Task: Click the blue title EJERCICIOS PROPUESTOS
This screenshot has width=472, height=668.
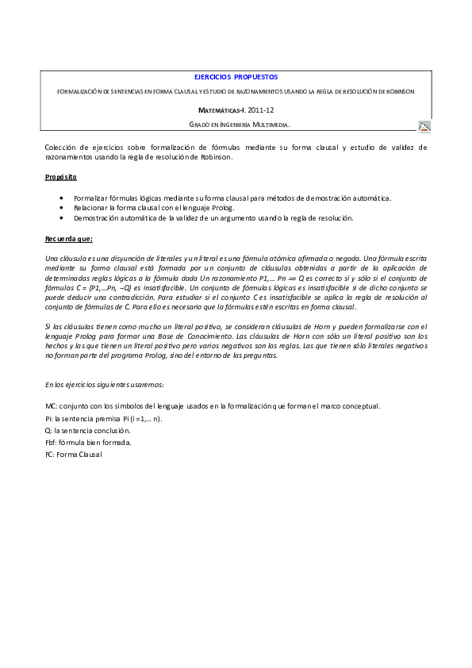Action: (x=236, y=78)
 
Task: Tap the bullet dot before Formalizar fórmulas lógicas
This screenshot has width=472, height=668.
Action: (x=63, y=197)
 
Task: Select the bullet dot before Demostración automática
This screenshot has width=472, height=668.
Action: (x=63, y=217)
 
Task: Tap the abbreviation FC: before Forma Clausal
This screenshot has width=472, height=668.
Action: (x=51, y=454)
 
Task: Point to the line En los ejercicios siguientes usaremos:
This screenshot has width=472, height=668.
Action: (x=105, y=384)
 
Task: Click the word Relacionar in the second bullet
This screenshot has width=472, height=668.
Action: (x=91, y=207)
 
